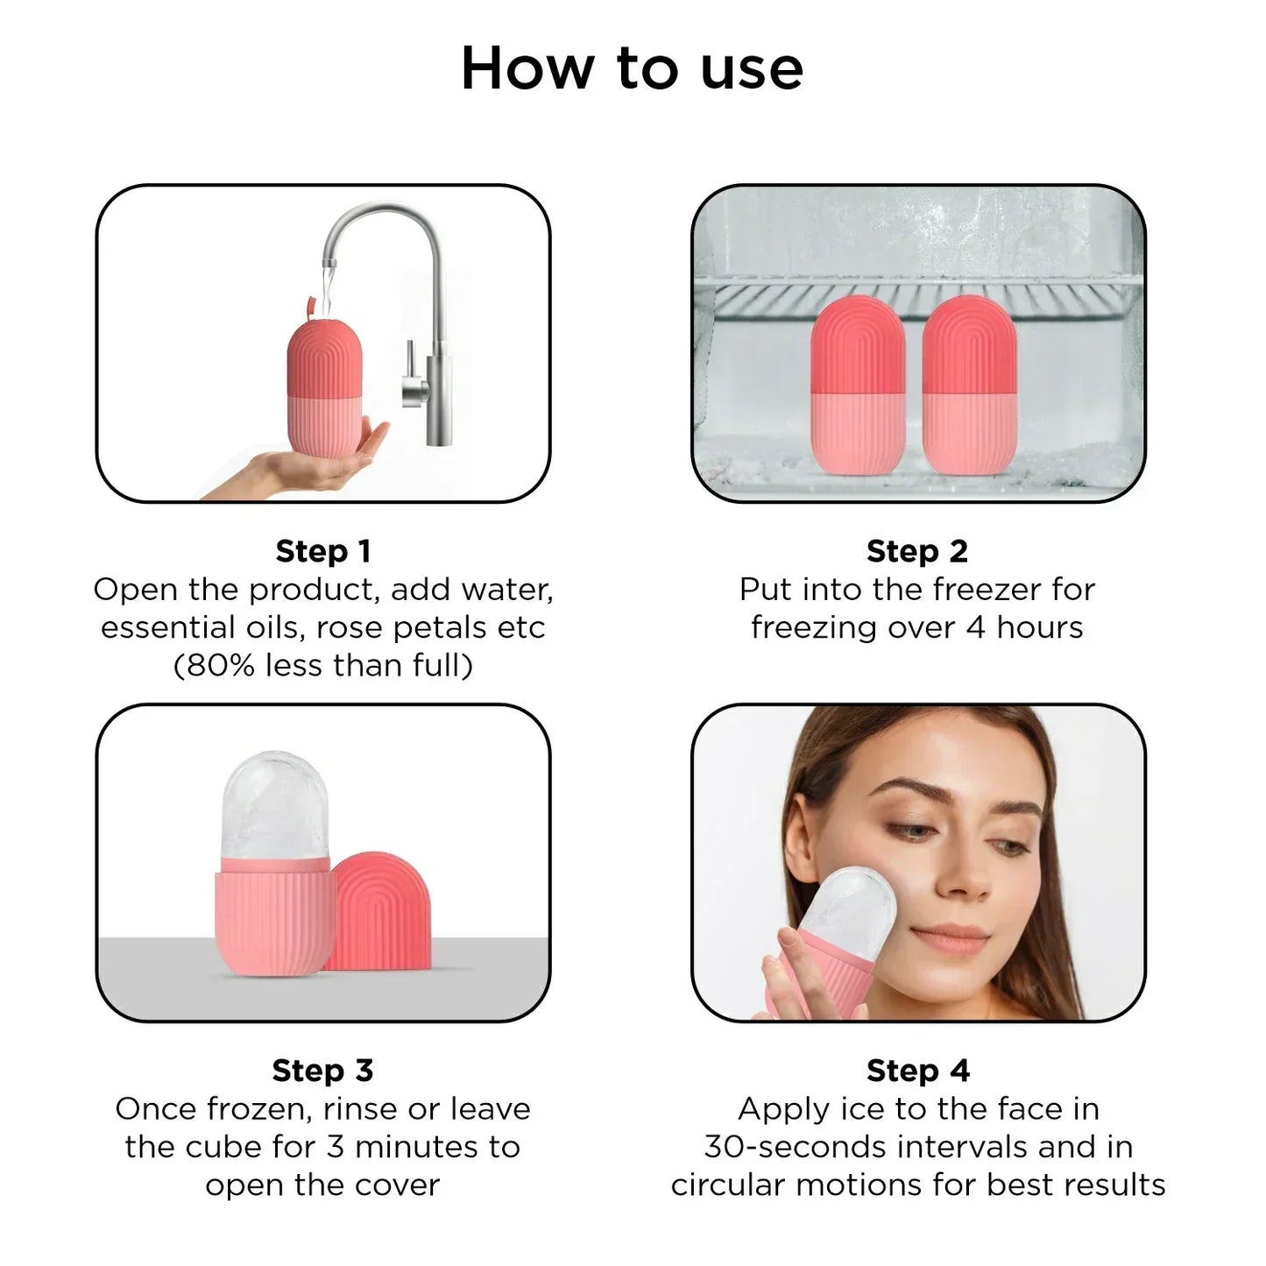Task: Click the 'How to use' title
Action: coord(632,68)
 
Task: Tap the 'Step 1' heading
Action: coord(323,551)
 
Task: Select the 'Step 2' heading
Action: coord(916,551)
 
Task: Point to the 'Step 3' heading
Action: coord(322,1070)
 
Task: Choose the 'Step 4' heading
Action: coord(917,1070)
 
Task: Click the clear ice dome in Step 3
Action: coord(275,806)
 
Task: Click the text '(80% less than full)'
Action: coord(323,665)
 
